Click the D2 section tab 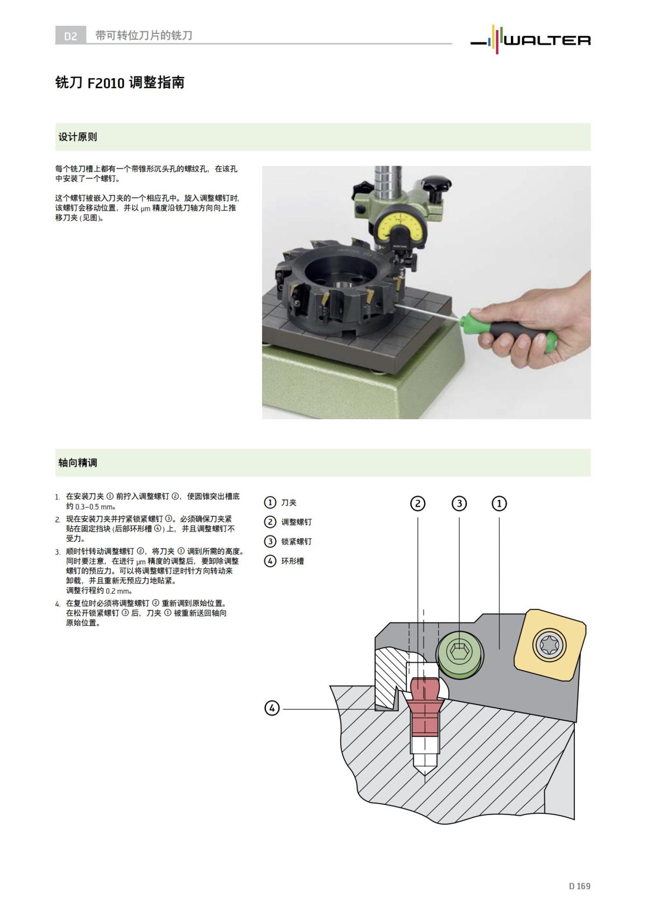[71, 36]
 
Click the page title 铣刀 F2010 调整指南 [120, 82]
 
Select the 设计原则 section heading [78, 137]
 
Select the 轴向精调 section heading [78, 463]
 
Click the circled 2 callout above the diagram [418, 504]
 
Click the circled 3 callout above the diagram [459, 504]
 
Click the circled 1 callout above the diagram [499, 504]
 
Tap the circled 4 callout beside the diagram [272, 708]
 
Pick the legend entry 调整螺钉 [296, 522]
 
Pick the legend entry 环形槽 [292, 561]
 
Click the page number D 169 [579, 886]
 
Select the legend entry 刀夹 [289, 502]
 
